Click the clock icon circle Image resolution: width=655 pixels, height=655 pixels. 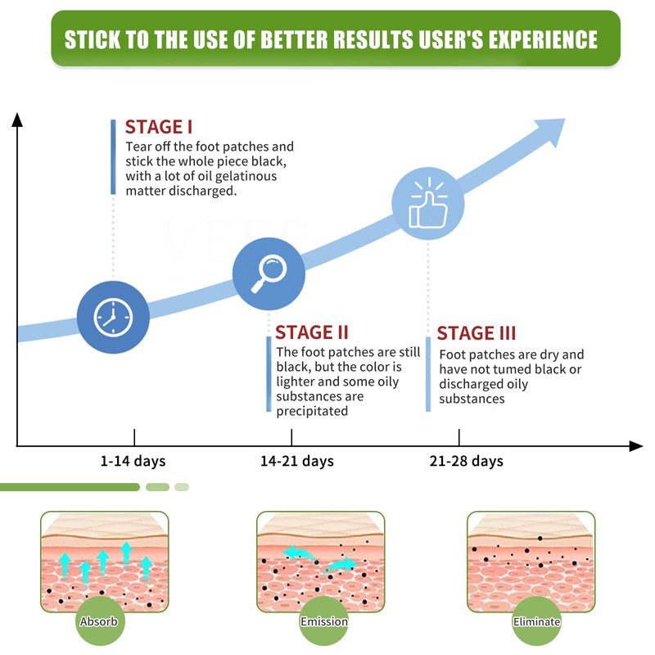point(113,318)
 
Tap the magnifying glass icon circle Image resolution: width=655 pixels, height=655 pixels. point(269,273)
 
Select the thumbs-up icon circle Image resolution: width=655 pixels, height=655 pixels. point(427,204)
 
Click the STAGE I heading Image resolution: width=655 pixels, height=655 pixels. point(159,127)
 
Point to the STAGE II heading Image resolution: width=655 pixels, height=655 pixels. point(312,332)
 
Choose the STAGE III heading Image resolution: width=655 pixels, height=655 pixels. point(477,333)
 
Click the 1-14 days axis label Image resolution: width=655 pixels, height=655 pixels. point(133,461)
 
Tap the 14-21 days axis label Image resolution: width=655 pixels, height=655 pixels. point(297,461)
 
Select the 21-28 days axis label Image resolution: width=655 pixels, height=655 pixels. point(466,461)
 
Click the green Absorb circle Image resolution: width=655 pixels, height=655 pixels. point(98,621)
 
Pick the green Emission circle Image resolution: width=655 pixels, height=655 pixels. point(324,621)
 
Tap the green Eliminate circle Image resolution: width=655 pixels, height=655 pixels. point(536,621)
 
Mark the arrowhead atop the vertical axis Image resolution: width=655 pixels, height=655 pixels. point(17,120)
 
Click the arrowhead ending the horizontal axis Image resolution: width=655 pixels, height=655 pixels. point(636,446)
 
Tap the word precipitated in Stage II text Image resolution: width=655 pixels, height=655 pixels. point(312,411)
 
